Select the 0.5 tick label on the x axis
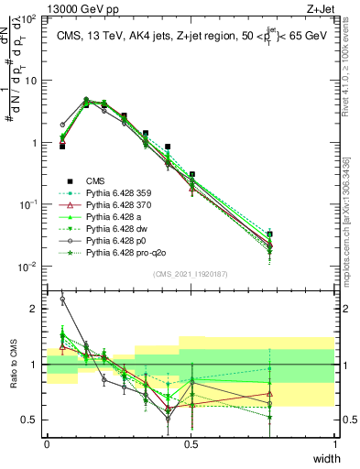pos(191,443)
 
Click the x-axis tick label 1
pos(335,443)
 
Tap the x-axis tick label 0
pos(47,443)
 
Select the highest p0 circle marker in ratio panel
pos(62,299)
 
